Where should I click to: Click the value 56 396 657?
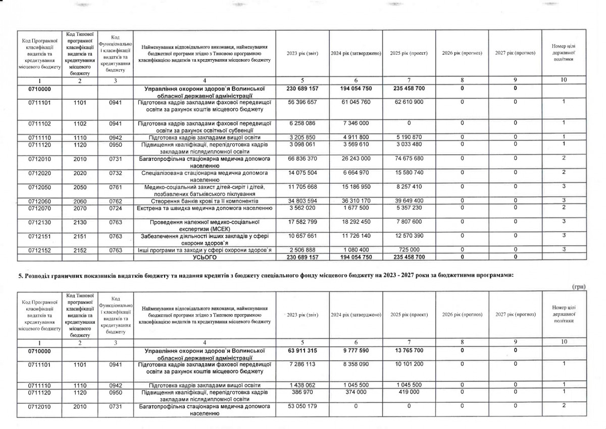[x=301, y=102]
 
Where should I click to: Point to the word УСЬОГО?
[x=204, y=257]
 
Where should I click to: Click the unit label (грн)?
[x=578, y=287]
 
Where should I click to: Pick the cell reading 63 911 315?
[x=301, y=350]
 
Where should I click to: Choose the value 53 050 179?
[x=301, y=406]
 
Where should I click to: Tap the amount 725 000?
[x=409, y=250]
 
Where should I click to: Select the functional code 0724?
[x=115, y=207]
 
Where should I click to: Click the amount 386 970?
[x=301, y=392]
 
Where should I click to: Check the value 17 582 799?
[x=301, y=222]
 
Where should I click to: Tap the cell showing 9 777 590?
[x=356, y=350]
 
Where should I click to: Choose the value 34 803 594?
[x=301, y=201]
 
